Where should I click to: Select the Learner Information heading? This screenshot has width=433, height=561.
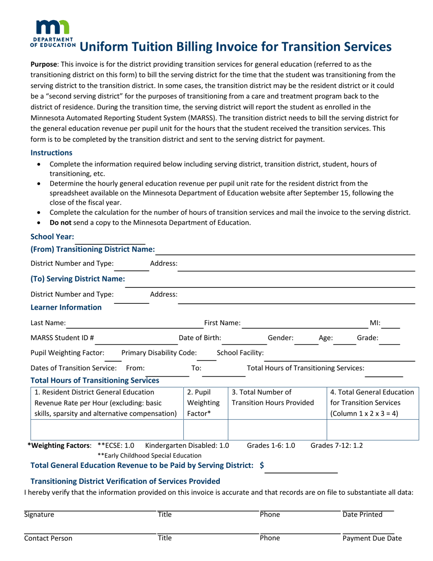[66, 307]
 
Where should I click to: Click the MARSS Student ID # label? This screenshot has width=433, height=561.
[62, 338]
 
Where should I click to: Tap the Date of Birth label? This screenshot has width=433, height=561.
[200, 338]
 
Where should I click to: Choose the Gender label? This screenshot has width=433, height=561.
[280, 338]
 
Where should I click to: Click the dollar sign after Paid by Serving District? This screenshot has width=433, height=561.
[262, 466]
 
